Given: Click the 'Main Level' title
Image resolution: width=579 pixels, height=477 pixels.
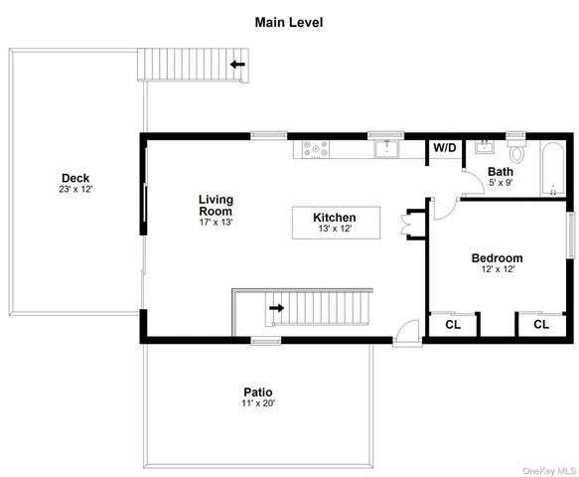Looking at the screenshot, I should pyautogui.click(x=289, y=22).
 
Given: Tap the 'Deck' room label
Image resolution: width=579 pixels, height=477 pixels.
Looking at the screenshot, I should pyautogui.click(x=74, y=179).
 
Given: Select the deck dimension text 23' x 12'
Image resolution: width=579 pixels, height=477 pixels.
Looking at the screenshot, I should pyautogui.click(x=74, y=189).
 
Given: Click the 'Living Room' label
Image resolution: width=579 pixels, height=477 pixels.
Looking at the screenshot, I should pyautogui.click(x=215, y=205).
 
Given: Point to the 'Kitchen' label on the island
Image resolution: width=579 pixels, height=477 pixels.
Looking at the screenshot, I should pyautogui.click(x=334, y=218).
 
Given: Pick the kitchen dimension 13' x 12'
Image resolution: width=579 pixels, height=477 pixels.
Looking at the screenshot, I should pyautogui.click(x=334, y=230).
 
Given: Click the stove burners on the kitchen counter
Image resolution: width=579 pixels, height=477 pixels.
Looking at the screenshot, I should pyautogui.click(x=315, y=150).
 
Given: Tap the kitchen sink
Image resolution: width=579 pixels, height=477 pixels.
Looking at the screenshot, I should pyautogui.click(x=386, y=150).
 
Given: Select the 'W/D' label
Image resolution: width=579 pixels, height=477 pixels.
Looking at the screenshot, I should pyautogui.click(x=444, y=149).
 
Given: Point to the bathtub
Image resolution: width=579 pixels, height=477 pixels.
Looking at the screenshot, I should pyautogui.click(x=549, y=170).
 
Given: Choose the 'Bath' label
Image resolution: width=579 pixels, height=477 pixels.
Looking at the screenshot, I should pyautogui.click(x=500, y=172).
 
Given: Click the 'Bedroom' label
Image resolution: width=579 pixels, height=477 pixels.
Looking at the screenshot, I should pyautogui.click(x=498, y=258).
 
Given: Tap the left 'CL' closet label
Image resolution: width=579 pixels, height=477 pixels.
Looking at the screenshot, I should pyautogui.click(x=453, y=324).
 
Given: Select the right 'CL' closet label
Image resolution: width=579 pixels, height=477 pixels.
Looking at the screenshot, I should pyautogui.click(x=540, y=324).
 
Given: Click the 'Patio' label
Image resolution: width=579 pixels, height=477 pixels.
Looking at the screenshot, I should pyautogui.click(x=258, y=392).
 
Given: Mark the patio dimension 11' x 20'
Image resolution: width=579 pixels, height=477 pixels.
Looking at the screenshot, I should pyautogui.click(x=258, y=403).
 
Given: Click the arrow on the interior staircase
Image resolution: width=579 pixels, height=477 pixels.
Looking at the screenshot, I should pyautogui.click(x=276, y=308).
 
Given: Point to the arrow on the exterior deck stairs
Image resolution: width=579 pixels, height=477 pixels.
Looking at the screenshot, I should pyautogui.click(x=237, y=66).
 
